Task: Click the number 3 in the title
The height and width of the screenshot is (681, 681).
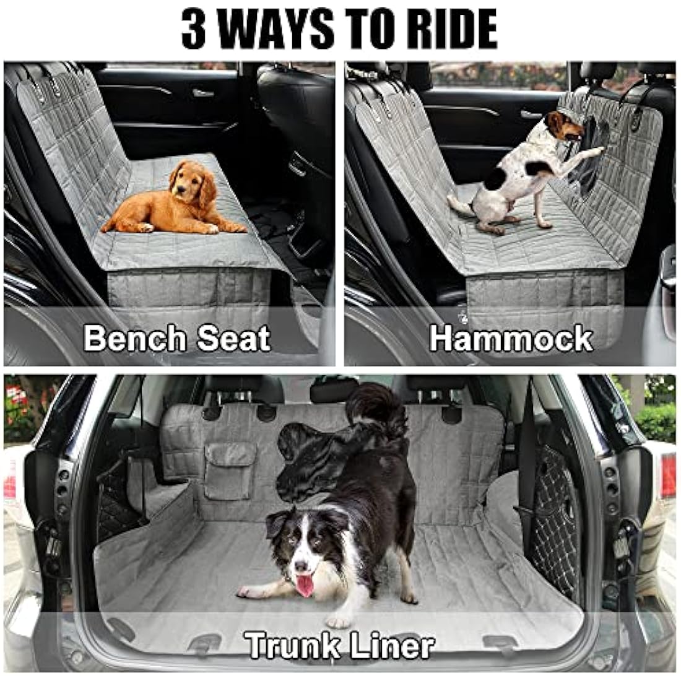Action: pos(193,29)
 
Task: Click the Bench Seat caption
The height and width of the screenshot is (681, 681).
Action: pos(177,339)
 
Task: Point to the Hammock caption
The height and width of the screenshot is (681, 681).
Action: pos(511,339)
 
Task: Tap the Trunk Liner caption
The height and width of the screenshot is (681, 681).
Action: pos(339,645)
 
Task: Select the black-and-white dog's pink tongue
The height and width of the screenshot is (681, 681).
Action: pos(305,586)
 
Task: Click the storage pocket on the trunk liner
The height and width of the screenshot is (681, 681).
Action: pos(230,471)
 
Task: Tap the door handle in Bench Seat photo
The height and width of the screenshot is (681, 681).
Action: pos(203,93)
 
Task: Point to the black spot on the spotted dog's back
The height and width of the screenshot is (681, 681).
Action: pos(495,179)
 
